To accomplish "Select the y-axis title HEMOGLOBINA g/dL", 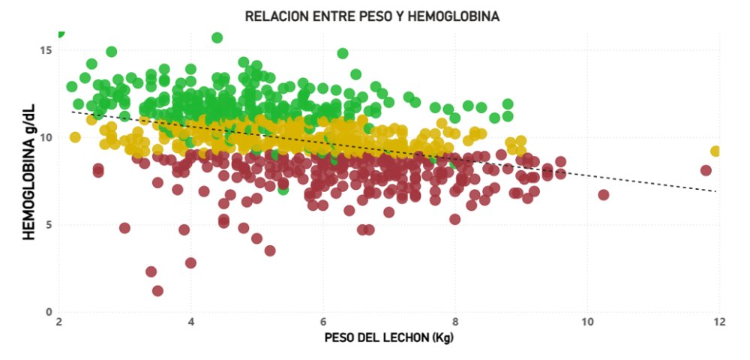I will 30,181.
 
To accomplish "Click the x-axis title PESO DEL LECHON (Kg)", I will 389,337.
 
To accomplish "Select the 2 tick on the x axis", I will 58,322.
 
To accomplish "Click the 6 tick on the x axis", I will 323,322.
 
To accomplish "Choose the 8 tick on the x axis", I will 455,322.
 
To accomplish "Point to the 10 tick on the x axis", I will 587,322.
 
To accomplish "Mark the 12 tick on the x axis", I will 719,322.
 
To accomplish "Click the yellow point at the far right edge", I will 715,151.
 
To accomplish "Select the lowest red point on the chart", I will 157,290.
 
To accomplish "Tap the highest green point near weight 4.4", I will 217,37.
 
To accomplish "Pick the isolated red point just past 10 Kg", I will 603,195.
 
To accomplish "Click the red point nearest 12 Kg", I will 706,170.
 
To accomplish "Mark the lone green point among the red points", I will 283,189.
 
